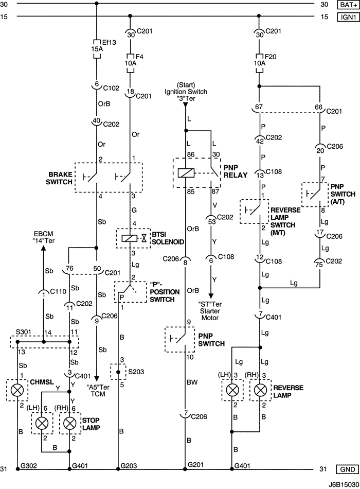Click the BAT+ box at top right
(x=346, y=5)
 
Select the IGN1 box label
(x=346, y=17)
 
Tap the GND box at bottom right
(x=346, y=469)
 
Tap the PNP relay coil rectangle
(x=186, y=173)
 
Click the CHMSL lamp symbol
(x=17, y=390)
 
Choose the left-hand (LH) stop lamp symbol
(x=41, y=424)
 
